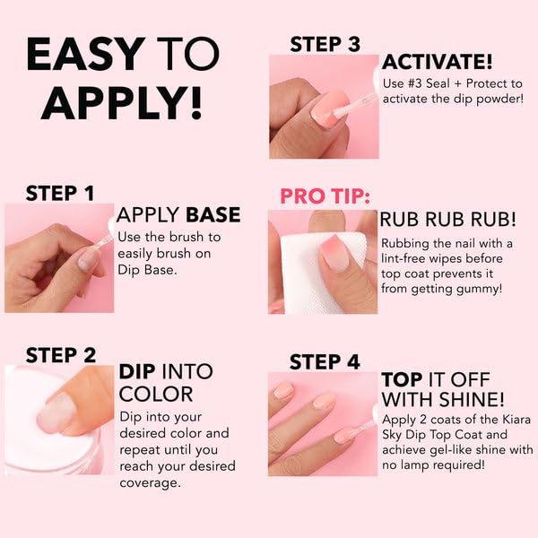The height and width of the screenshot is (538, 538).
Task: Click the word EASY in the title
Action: click(86, 55)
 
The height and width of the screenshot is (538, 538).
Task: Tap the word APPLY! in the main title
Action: click(122, 103)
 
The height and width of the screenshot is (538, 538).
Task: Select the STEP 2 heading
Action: click(60, 354)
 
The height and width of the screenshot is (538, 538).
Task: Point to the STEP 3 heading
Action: click(325, 44)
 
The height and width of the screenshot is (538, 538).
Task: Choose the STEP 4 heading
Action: click(325, 361)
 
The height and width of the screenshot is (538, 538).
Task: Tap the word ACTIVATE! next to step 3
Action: click(437, 62)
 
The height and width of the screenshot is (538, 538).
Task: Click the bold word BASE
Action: click(213, 215)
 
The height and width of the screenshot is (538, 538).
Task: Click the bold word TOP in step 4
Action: click(402, 379)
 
